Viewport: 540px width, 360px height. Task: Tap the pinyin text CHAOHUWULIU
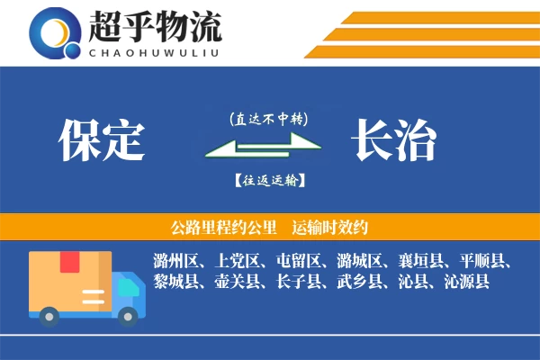coord(155,50)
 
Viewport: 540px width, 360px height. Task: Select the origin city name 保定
coord(102,141)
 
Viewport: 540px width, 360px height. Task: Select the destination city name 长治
coord(393,141)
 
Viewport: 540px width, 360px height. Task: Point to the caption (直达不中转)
coord(269,118)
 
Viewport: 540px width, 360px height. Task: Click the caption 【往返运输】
coord(269,181)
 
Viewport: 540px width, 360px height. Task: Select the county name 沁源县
coord(466,283)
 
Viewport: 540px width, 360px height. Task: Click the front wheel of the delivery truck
coord(128,315)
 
